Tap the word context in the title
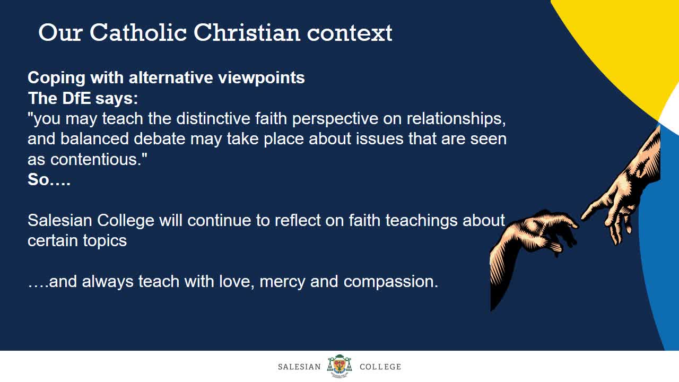pyautogui.click(x=350, y=33)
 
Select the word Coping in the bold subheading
pyautogui.click(x=57, y=79)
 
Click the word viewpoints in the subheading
pyautogui.click(x=262, y=79)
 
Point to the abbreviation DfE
pyautogui.click(x=76, y=98)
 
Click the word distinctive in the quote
pyautogui.click(x=213, y=118)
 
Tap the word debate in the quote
pyautogui.click(x=160, y=139)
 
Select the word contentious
pyautogui.click(x=99, y=160)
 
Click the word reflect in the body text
pyautogui.click(x=298, y=220)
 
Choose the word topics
pyautogui.click(x=105, y=241)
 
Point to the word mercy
pyautogui.click(x=282, y=282)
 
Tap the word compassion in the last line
pyautogui.click(x=391, y=282)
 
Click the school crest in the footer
pyautogui.click(x=339, y=366)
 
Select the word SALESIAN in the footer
pyautogui.click(x=299, y=367)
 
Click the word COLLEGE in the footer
pyautogui.click(x=380, y=367)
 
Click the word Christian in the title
pyautogui.click(x=247, y=32)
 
